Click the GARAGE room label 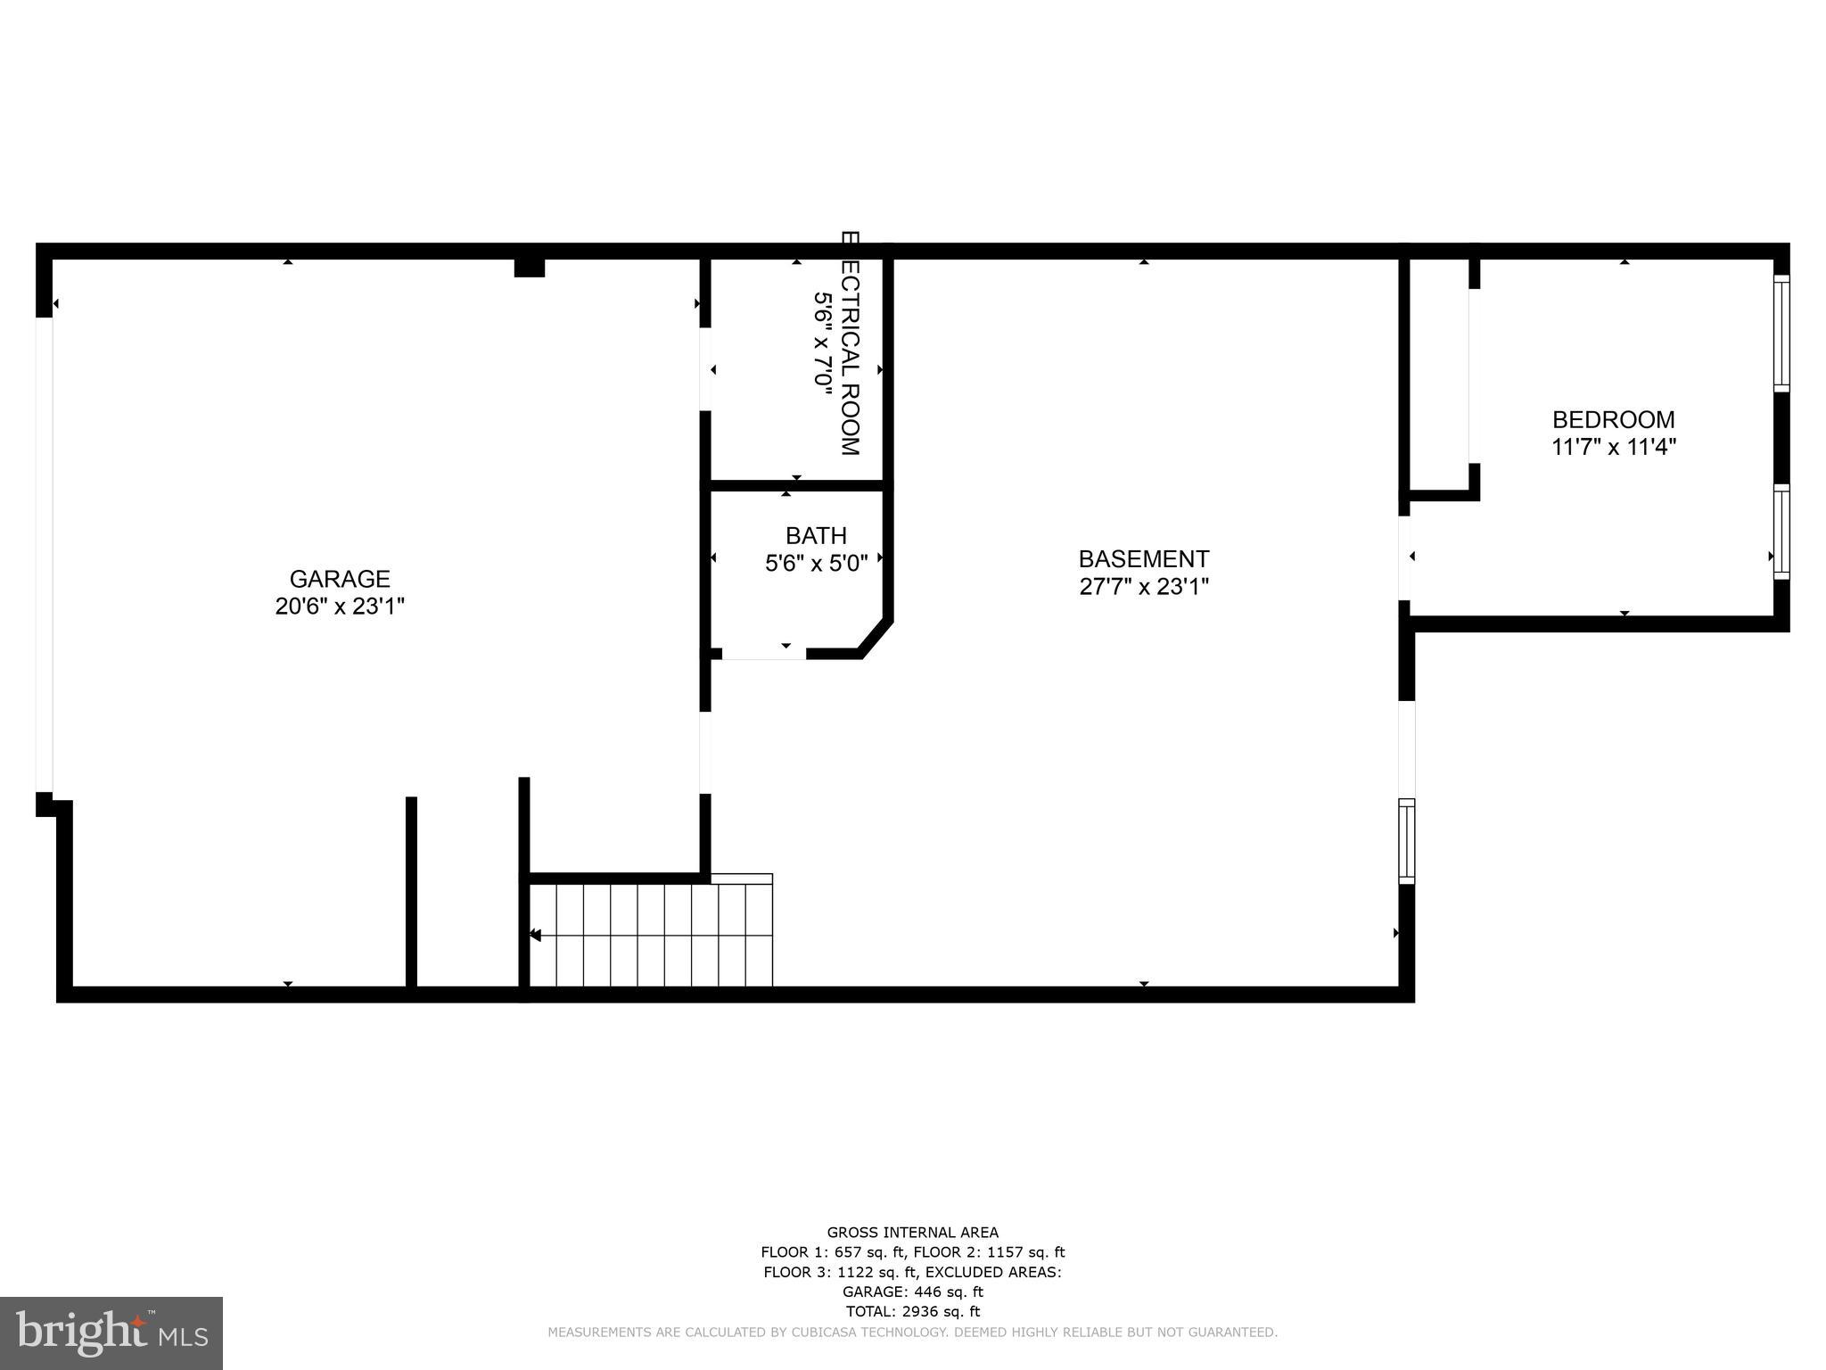340,579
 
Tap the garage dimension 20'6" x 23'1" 340,607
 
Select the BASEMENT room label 1144,559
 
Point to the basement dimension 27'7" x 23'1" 1144,587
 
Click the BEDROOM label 1614,419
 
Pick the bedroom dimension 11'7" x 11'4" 1614,447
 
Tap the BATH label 816,536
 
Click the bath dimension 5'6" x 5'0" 816,564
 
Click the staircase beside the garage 651,935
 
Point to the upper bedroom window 1781,333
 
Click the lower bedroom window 1781,532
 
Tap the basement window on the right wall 1406,840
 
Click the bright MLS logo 111,1333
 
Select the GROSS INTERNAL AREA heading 912,1233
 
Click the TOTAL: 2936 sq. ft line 912,1311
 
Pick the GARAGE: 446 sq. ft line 912,1292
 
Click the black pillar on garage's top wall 530,268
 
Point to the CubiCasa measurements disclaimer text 912,1333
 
